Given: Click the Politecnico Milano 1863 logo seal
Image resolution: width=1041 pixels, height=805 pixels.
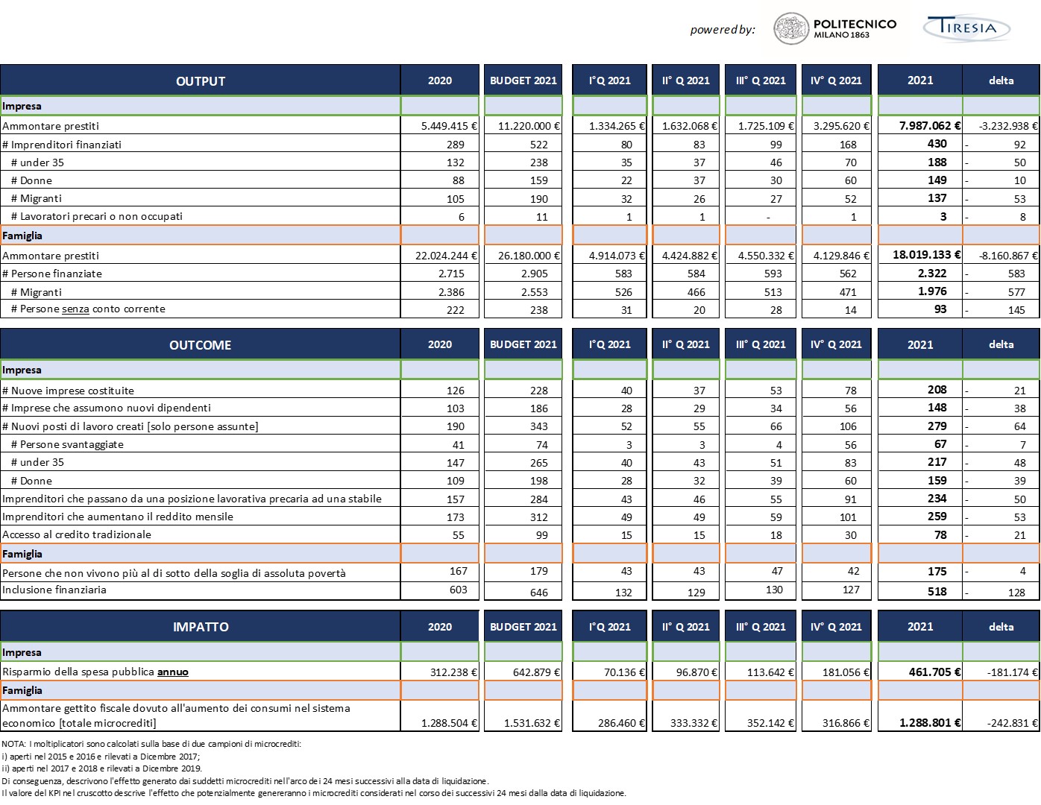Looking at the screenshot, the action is click(x=790, y=29).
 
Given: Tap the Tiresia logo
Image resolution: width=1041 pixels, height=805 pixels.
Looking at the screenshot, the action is click(x=966, y=28).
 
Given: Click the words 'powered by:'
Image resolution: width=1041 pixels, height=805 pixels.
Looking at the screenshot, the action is click(x=723, y=30).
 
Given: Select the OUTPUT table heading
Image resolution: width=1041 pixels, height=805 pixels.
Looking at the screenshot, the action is click(x=201, y=81).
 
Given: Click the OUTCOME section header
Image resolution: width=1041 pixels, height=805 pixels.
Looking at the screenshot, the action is click(x=201, y=345).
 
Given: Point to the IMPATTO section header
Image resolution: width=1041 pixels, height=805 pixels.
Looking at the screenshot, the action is click(x=201, y=627).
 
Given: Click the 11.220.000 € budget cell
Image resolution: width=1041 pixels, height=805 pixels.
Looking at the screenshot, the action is click(x=529, y=126).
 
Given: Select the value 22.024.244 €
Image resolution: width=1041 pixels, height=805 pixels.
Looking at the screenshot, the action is click(x=445, y=256).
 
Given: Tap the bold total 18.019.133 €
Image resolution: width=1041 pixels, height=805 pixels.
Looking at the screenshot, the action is click(x=926, y=255).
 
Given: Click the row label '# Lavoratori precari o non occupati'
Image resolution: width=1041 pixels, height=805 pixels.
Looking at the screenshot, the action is click(x=96, y=216).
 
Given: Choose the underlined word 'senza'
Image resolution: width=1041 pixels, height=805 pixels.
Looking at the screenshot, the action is click(x=75, y=309).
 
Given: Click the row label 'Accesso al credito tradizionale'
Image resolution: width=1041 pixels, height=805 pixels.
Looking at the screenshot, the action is click(x=77, y=534).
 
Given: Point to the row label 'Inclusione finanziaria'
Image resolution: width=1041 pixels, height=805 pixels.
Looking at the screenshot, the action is click(x=54, y=590).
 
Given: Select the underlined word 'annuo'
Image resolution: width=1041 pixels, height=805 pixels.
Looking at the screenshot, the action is click(x=172, y=672).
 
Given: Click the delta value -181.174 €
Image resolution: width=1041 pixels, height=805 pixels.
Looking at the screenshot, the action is click(x=1012, y=672).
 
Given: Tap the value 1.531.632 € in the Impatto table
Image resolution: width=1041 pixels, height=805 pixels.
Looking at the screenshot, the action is click(x=531, y=723).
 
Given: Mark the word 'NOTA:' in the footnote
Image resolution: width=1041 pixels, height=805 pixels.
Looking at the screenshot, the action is click(x=14, y=744).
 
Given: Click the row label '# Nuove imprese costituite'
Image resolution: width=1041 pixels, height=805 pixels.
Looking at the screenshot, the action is click(x=68, y=391).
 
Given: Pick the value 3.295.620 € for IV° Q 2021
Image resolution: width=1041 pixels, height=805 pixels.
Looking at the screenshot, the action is click(x=840, y=126).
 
